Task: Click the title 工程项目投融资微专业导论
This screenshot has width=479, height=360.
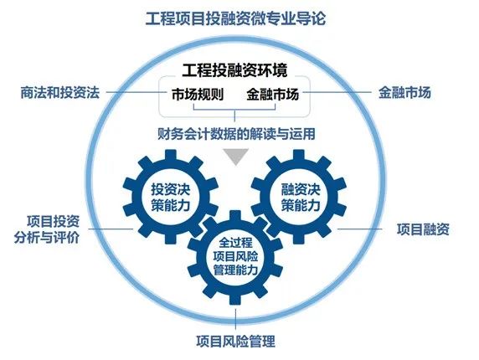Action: click(235, 19)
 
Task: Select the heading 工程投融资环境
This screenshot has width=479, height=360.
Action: click(234, 70)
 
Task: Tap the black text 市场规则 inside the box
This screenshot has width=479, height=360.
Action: click(198, 94)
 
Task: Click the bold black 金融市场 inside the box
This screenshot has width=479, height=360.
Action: click(273, 94)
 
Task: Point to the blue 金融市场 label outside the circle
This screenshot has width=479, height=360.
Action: click(404, 92)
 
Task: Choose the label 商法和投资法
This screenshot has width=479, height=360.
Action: click(60, 92)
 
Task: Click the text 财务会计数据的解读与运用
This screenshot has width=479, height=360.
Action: click(236, 134)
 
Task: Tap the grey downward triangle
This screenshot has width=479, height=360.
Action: click(235, 157)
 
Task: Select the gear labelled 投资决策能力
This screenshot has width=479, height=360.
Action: click(171, 197)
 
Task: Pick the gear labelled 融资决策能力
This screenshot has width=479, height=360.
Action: click(299, 197)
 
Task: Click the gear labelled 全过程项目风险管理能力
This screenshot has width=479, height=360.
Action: click(235, 257)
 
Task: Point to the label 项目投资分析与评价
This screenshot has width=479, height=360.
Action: click(47, 229)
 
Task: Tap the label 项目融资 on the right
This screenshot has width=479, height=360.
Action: click(423, 229)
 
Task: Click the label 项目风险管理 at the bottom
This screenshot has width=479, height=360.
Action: click(235, 341)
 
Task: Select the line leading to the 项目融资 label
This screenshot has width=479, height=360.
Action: click(360, 229)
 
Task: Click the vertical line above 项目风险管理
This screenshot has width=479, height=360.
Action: click(235, 319)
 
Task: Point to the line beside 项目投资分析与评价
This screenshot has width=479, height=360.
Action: click(111, 229)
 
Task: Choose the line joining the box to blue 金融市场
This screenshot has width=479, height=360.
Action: click(337, 92)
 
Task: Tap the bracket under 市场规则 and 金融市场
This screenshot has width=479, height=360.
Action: click(234, 110)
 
